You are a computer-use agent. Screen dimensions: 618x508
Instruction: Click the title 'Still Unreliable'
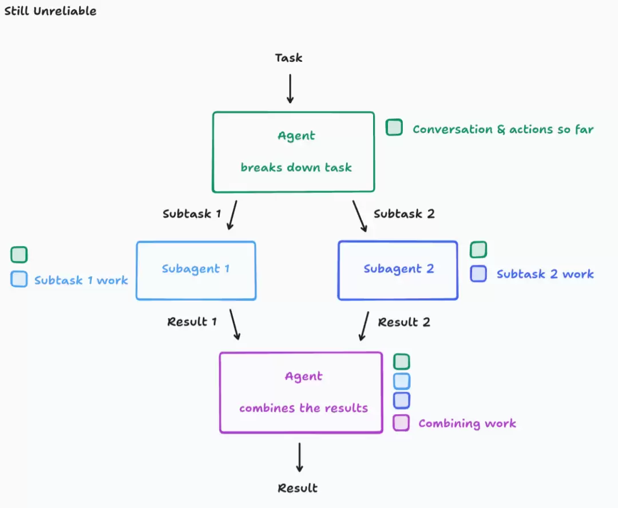click(50, 11)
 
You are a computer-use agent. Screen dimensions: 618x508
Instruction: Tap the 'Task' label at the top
click(288, 58)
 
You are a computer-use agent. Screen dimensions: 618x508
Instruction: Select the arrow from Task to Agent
click(290, 89)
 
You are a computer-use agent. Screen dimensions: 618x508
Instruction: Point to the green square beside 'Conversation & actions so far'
click(394, 127)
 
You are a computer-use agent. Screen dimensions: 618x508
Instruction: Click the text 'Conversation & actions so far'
click(503, 129)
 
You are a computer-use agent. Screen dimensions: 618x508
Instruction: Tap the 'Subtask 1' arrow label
click(192, 213)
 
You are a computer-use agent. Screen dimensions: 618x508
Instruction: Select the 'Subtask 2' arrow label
click(404, 213)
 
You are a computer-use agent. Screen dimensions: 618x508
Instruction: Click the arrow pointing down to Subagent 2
click(360, 216)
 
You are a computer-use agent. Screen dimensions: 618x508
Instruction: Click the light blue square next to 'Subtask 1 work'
click(19, 279)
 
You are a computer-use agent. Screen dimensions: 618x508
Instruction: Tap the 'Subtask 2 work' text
click(545, 274)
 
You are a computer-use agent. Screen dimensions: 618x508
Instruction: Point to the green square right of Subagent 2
click(478, 249)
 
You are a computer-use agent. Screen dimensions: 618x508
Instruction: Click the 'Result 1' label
click(192, 322)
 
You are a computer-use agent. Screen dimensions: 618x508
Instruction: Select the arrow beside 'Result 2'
click(364, 326)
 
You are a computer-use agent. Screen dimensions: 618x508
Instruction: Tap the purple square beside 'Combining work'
click(401, 423)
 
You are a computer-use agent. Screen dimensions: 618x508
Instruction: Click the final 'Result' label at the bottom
click(298, 488)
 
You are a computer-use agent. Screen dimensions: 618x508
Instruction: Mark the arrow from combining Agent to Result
click(299, 457)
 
